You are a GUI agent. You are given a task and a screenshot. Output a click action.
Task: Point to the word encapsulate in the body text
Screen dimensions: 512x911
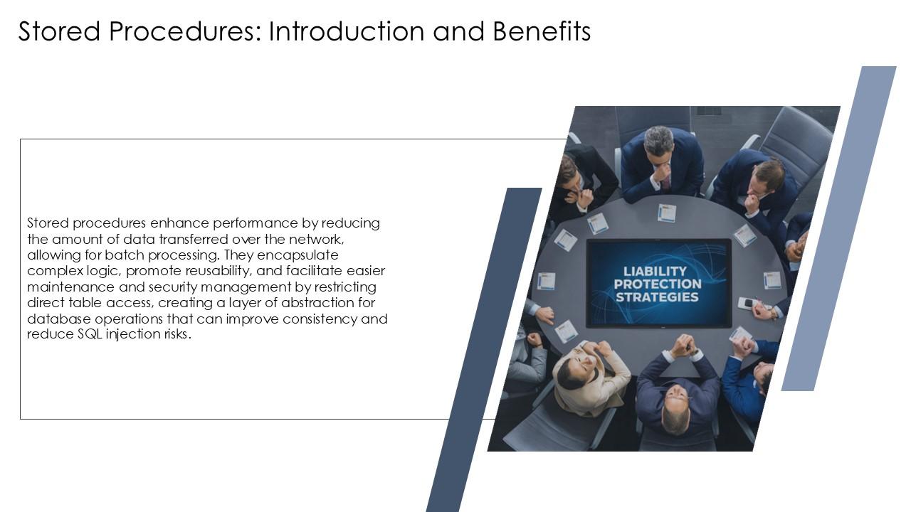tap(292, 255)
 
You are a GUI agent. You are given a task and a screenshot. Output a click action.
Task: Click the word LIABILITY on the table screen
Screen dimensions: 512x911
tap(655, 271)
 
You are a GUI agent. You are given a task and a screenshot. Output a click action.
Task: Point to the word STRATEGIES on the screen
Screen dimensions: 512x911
tap(656, 297)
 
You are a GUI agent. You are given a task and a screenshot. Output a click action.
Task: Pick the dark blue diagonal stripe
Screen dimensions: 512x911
tap(484, 348)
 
